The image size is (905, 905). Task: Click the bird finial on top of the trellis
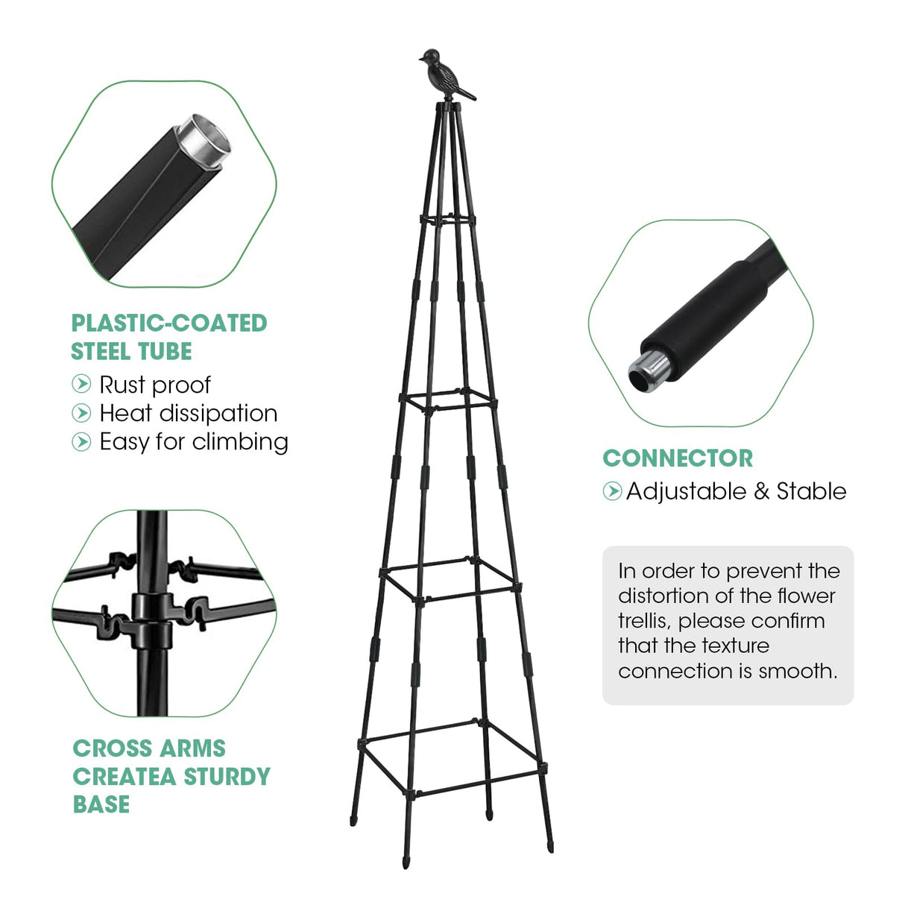(445, 75)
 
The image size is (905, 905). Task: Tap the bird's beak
(421, 59)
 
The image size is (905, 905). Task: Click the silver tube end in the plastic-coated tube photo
(203, 139)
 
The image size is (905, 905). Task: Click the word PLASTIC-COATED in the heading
(169, 323)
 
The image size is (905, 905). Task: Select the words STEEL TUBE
(131, 351)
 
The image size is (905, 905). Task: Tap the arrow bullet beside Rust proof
(81, 384)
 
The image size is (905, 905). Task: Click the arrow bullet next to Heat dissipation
(81, 413)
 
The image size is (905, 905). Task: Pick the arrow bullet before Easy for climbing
(81, 441)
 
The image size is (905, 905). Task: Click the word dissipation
(218, 414)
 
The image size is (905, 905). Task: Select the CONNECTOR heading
(678, 458)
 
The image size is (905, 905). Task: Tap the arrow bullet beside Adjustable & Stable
(613, 491)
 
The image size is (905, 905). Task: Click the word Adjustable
(686, 492)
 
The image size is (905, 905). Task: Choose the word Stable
(811, 491)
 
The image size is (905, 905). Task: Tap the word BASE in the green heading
(101, 804)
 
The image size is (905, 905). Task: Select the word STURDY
(227, 776)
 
